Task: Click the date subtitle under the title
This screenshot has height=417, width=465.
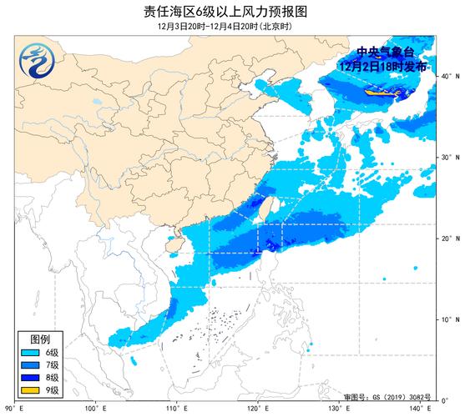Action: pos(232,26)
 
